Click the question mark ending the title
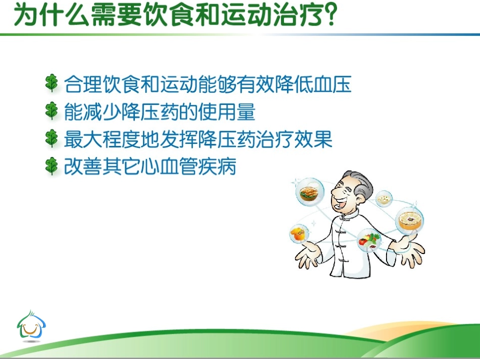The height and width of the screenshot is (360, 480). (x=328, y=16)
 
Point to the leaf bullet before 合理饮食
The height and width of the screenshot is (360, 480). (x=52, y=83)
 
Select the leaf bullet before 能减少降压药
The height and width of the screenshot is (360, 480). (x=52, y=111)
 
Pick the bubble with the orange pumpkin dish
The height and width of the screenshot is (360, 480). (x=299, y=234)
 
